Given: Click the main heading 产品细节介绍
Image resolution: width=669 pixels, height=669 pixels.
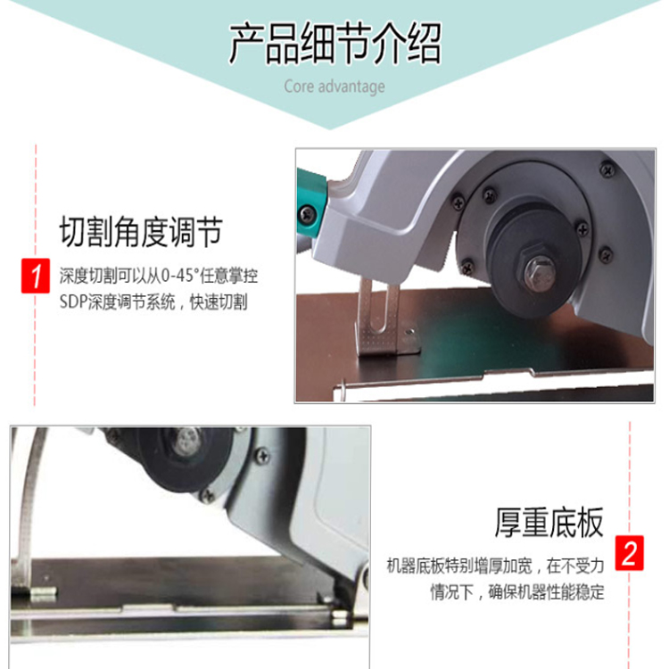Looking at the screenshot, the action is pyautogui.click(x=335, y=44).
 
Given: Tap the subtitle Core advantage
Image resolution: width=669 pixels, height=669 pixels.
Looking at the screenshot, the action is pyautogui.click(x=334, y=87).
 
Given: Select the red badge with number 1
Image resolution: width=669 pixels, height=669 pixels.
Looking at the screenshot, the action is pyautogui.click(x=36, y=276).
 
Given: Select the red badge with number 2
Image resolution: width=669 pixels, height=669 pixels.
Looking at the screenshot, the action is pyautogui.click(x=630, y=553).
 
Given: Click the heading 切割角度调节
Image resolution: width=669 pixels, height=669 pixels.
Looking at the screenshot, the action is pyautogui.click(x=141, y=232).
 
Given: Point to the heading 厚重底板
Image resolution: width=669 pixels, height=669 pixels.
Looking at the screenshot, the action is pyautogui.click(x=549, y=522).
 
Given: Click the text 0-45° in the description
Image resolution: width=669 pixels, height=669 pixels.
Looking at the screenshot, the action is pyautogui.click(x=178, y=276).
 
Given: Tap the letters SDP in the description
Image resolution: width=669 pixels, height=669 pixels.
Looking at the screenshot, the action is pyautogui.click(x=73, y=302).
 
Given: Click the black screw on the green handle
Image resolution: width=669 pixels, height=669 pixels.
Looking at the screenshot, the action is pyautogui.click(x=306, y=213).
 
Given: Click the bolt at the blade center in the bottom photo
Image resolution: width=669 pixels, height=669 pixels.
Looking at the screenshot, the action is pyautogui.click(x=186, y=442).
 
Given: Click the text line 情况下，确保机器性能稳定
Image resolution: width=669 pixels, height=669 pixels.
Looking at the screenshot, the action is pyautogui.click(x=516, y=591).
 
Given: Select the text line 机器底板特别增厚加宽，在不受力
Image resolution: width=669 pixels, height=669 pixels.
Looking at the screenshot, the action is pyautogui.click(x=495, y=566).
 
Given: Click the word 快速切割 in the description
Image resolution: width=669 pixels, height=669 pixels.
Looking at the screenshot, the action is pyautogui.click(x=219, y=302).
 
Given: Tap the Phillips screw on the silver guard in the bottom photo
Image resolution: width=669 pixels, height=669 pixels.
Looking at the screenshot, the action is pyautogui.click(x=262, y=456).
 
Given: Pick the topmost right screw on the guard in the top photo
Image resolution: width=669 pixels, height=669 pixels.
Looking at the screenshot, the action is pyautogui.click(x=607, y=169).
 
